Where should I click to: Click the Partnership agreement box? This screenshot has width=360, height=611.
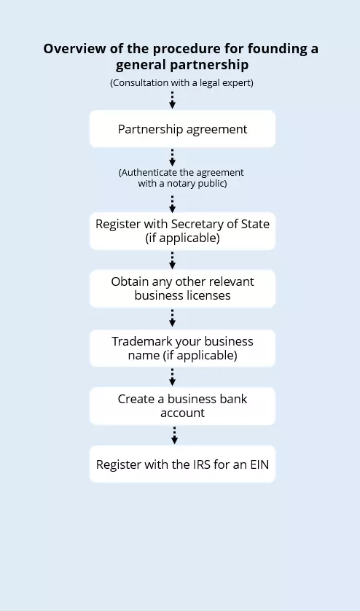pyautogui.click(x=182, y=129)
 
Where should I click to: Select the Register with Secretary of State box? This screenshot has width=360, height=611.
pyautogui.click(x=182, y=230)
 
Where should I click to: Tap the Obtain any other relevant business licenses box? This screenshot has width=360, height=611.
pyautogui.click(x=182, y=289)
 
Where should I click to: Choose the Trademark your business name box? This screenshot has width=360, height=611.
pyautogui.click(x=182, y=348)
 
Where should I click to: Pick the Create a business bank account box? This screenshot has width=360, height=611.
pyautogui.click(x=182, y=405)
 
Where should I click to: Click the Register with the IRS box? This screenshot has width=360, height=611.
pyautogui.click(x=182, y=464)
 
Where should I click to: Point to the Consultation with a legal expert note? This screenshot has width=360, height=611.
pyautogui.click(x=181, y=82)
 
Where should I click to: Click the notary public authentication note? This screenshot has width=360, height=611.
pyautogui.click(x=182, y=178)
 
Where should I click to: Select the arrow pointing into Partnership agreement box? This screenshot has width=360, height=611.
pyautogui.click(x=173, y=100)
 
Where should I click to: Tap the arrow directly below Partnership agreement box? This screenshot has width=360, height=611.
pyautogui.click(x=173, y=157)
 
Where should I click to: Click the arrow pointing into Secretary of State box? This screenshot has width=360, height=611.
pyautogui.click(x=173, y=203)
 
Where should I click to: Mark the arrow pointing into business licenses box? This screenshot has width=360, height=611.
pyautogui.click(x=173, y=260)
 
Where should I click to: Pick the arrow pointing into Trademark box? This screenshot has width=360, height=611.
pyautogui.click(x=173, y=318)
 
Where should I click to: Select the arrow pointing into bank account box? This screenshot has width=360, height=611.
pyautogui.click(x=173, y=376)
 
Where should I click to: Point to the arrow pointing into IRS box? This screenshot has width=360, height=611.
pyautogui.click(x=173, y=435)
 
